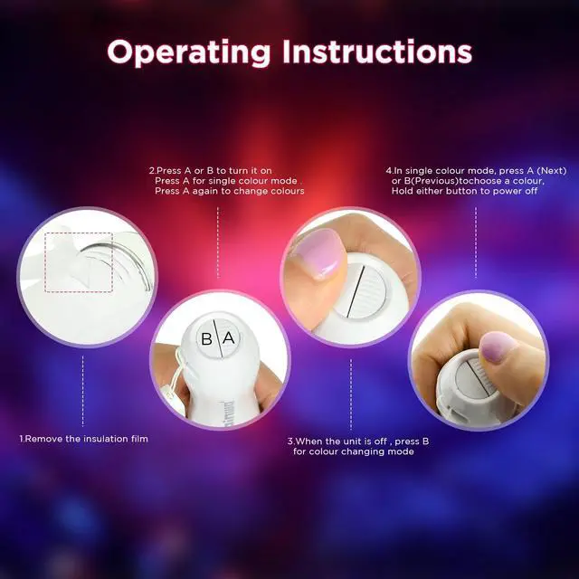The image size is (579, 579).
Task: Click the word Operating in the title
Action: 189,52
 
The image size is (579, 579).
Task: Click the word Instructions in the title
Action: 377,52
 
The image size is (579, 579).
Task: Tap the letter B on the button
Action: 206,339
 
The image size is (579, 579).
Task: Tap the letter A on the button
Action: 229,337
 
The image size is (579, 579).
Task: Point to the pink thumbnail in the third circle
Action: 320,253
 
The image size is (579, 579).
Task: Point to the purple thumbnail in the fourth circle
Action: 498,346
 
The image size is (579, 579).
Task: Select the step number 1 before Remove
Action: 22,439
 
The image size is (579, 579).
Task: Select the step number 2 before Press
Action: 152,171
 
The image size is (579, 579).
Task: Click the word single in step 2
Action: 223,182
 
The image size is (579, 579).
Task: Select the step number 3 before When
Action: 290,441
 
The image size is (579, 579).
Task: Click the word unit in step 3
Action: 351,441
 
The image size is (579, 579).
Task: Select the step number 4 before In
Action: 389,171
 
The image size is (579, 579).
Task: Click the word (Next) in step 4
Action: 551,171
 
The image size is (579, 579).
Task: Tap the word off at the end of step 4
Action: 532,191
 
